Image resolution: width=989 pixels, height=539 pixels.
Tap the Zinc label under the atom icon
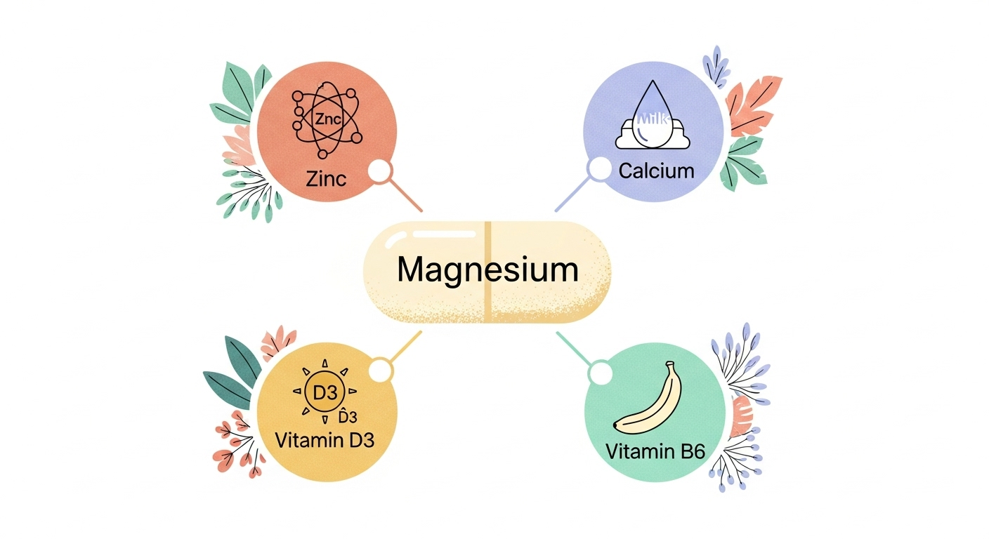pyautogui.click(x=327, y=178)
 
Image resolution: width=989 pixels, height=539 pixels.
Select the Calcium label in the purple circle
pyautogui.click(x=656, y=171)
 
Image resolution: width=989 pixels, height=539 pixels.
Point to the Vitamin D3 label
pyautogui.click(x=325, y=441)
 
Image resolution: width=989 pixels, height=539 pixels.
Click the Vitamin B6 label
pyautogui.click(x=655, y=450)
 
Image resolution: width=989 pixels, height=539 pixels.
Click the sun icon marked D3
pyautogui.click(x=325, y=392)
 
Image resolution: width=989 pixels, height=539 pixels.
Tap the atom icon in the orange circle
pyautogui.click(x=327, y=121)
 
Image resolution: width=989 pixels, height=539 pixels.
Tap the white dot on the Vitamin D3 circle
pyautogui.click(x=381, y=368)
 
